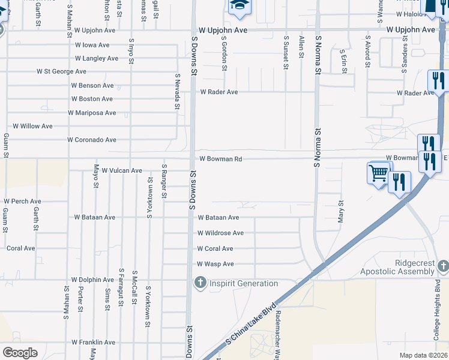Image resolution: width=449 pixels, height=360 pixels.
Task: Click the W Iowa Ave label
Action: pyautogui.click(x=92, y=45)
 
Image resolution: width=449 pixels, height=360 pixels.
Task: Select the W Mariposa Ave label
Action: pyautogui.click(x=92, y=113)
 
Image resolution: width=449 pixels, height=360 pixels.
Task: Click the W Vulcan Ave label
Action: pyautogui.click(x=122, y=171)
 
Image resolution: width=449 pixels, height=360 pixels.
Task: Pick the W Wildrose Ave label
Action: pyautogui.click(x=220, y=233)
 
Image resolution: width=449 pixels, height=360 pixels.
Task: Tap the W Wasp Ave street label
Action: pyautogui.click(x=215, y=264)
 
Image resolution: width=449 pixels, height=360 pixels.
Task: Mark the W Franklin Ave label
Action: pyautogui.click(x=93, y=343)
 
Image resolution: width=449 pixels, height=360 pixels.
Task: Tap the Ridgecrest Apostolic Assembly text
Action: pyautogui.click(x=405, y=268)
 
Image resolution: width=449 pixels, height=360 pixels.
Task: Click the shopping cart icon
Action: pyautogui.click(x=378, y=173)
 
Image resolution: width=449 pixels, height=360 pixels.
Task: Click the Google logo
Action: pyautogui.click(x=20, y=353)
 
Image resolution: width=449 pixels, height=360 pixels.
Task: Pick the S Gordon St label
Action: pyautogui.click(x=224, y=53)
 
